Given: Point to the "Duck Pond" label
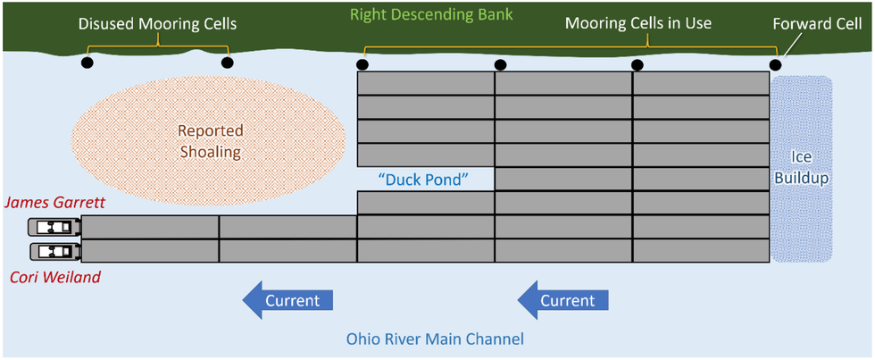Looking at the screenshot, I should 423,179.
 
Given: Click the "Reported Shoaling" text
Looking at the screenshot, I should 211,141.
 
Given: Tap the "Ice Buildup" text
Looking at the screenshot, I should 801,168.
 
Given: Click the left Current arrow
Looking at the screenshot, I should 287,300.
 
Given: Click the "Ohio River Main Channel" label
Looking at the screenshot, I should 435,339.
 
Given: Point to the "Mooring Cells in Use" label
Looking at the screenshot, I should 637,22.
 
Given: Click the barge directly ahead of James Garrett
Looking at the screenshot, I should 150,227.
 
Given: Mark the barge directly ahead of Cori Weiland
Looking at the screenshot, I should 150,251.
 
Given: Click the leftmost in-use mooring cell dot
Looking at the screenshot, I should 362,64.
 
